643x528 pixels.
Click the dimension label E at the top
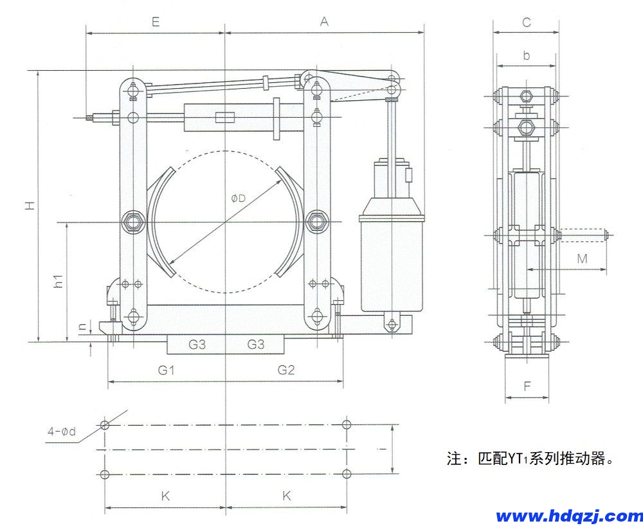point(155,21)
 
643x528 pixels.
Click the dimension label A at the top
point(324,21)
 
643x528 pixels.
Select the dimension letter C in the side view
point(526,22)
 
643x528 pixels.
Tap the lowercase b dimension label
point(526,55)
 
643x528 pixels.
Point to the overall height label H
point(29,205)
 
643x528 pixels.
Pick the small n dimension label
point(82,326)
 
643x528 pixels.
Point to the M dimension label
point(582,259)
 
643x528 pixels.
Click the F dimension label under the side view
point(527,387)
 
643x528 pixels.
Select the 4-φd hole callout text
point(61,431)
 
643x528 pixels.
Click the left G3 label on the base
point(197,345)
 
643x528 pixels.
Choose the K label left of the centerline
point(165,496)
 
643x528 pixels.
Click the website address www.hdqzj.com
point(569,516)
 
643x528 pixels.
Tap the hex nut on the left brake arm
point(134,223)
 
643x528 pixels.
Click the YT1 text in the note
point(517,459)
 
